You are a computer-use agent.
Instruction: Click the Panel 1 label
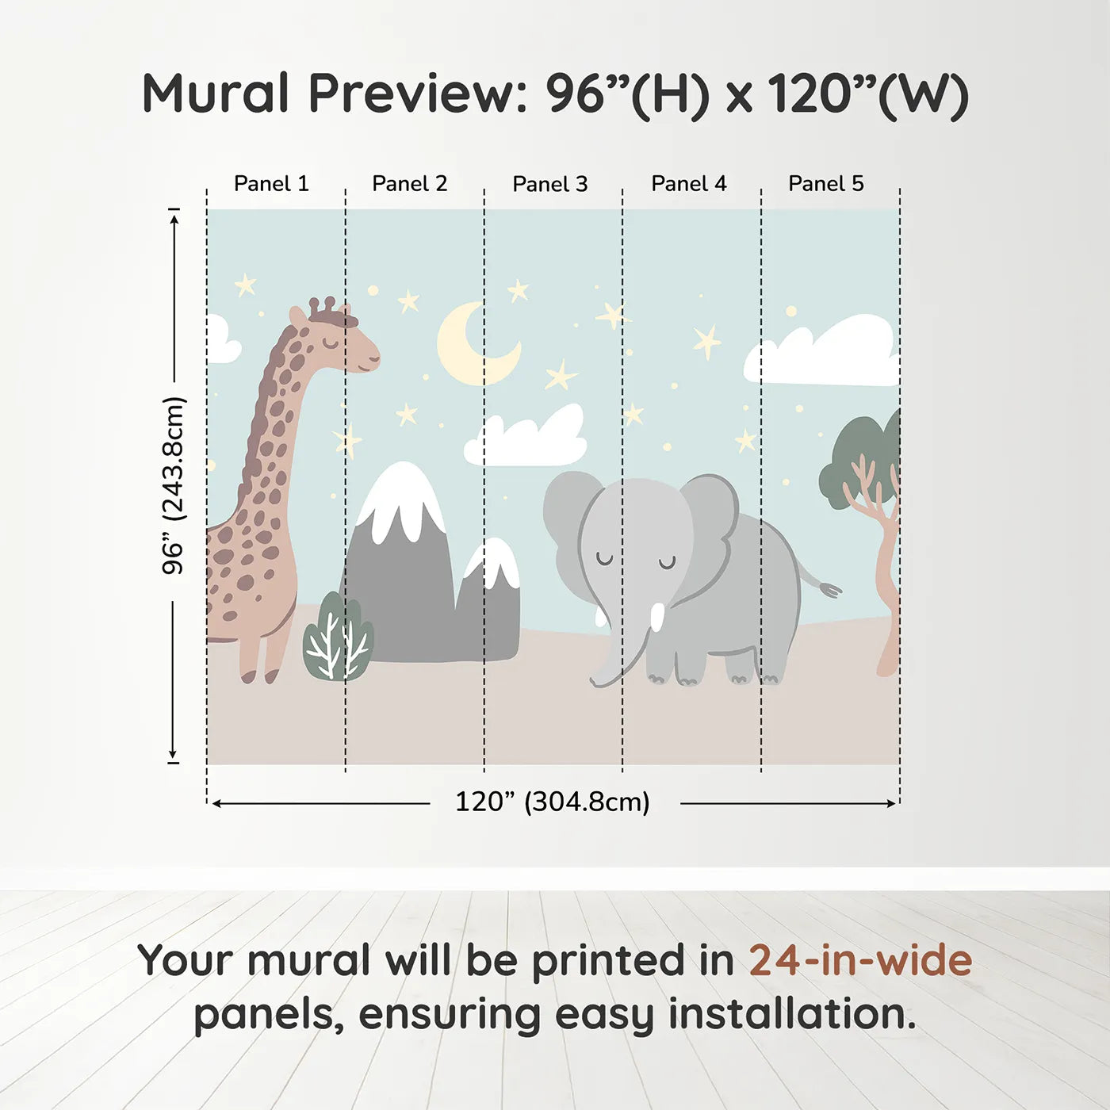[271, 184]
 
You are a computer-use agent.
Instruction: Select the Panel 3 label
[549, 185]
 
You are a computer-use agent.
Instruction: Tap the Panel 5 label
[825, 184]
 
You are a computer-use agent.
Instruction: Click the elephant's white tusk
[657, 616]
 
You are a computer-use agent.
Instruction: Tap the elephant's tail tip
[831, 590]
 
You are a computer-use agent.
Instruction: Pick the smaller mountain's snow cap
[496, 563]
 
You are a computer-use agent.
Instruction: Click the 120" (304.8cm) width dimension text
[552, 802]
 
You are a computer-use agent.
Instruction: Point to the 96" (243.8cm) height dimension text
[174, 485]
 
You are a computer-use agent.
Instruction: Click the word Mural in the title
[215, 94]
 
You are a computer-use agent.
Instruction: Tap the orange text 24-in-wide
[860, 961]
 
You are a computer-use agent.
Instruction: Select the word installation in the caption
[791, 1015]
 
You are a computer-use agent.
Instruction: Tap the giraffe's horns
[327, 305]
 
